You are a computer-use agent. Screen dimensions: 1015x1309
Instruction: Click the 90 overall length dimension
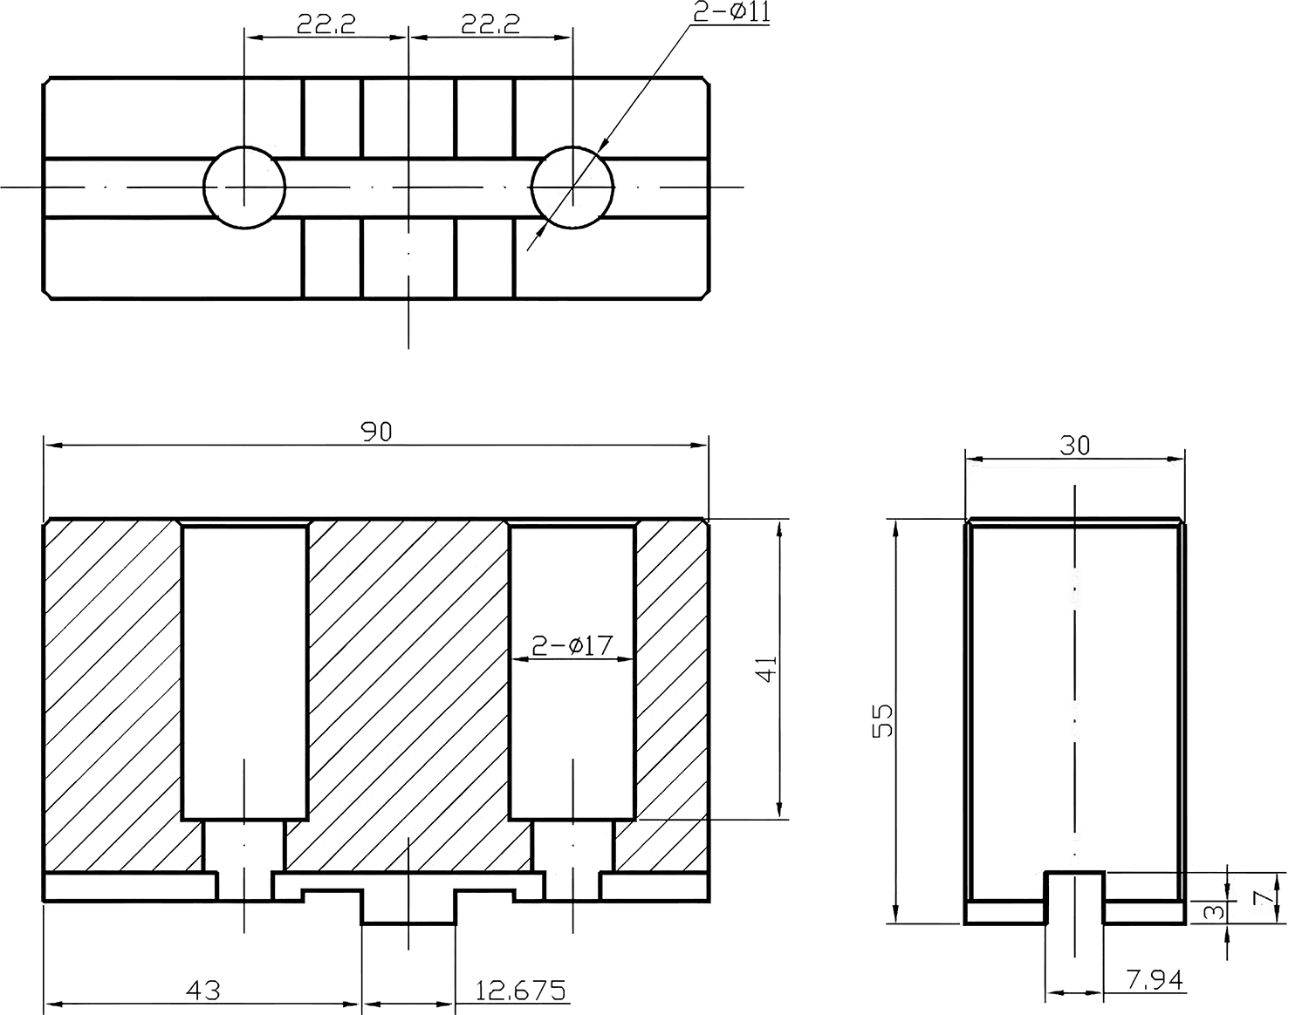[376, 432]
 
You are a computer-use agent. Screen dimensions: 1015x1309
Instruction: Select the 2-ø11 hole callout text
[731, 13]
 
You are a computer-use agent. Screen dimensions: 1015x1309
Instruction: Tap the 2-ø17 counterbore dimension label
[572, 645]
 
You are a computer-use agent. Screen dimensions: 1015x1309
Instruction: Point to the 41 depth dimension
[767, 669]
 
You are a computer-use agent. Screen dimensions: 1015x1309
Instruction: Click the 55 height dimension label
[883, 720]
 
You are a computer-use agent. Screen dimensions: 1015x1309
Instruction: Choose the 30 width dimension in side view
[1074, 445]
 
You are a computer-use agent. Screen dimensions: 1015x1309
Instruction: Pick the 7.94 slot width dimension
[1155, 980]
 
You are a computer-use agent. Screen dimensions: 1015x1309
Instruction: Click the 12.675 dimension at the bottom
[521, 991]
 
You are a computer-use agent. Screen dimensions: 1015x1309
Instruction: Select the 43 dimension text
[202, 991]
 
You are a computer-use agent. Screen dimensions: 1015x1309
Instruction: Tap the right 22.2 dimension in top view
[490, 24]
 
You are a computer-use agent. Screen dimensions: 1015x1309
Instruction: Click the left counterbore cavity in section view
[244, 671]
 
